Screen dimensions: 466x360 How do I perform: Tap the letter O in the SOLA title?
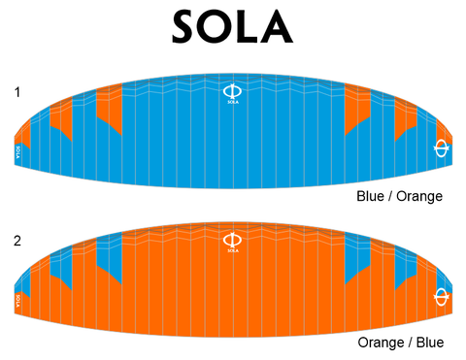219,27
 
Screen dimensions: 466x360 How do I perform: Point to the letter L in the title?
252,27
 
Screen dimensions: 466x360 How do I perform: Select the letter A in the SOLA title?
282,27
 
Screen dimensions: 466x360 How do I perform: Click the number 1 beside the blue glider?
17,92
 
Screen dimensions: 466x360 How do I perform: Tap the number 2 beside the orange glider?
17,239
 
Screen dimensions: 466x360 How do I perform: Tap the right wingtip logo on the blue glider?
442,147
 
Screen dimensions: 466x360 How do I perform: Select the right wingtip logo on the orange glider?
442,295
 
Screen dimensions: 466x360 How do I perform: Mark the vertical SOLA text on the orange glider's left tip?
19,299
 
